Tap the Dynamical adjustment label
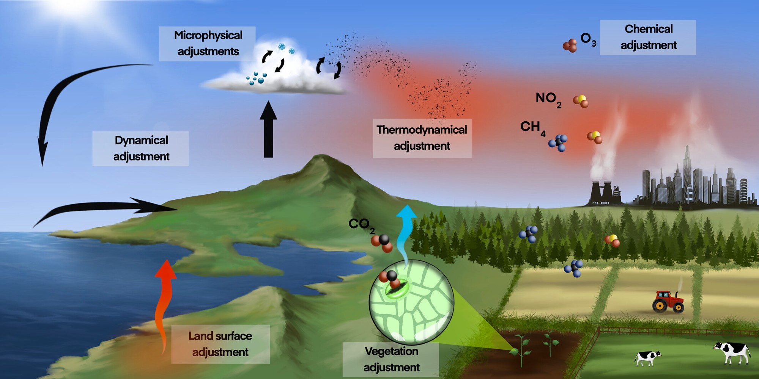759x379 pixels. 141,148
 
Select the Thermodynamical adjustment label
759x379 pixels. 422,138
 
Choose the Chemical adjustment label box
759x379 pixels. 648,37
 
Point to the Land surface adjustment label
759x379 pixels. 220,344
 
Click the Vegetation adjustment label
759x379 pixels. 391,359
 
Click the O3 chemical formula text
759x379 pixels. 588,39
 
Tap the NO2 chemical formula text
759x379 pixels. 548,99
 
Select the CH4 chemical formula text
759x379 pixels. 532,128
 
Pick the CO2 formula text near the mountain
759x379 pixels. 361,225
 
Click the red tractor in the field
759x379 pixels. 668,302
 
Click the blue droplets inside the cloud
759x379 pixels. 257,79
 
